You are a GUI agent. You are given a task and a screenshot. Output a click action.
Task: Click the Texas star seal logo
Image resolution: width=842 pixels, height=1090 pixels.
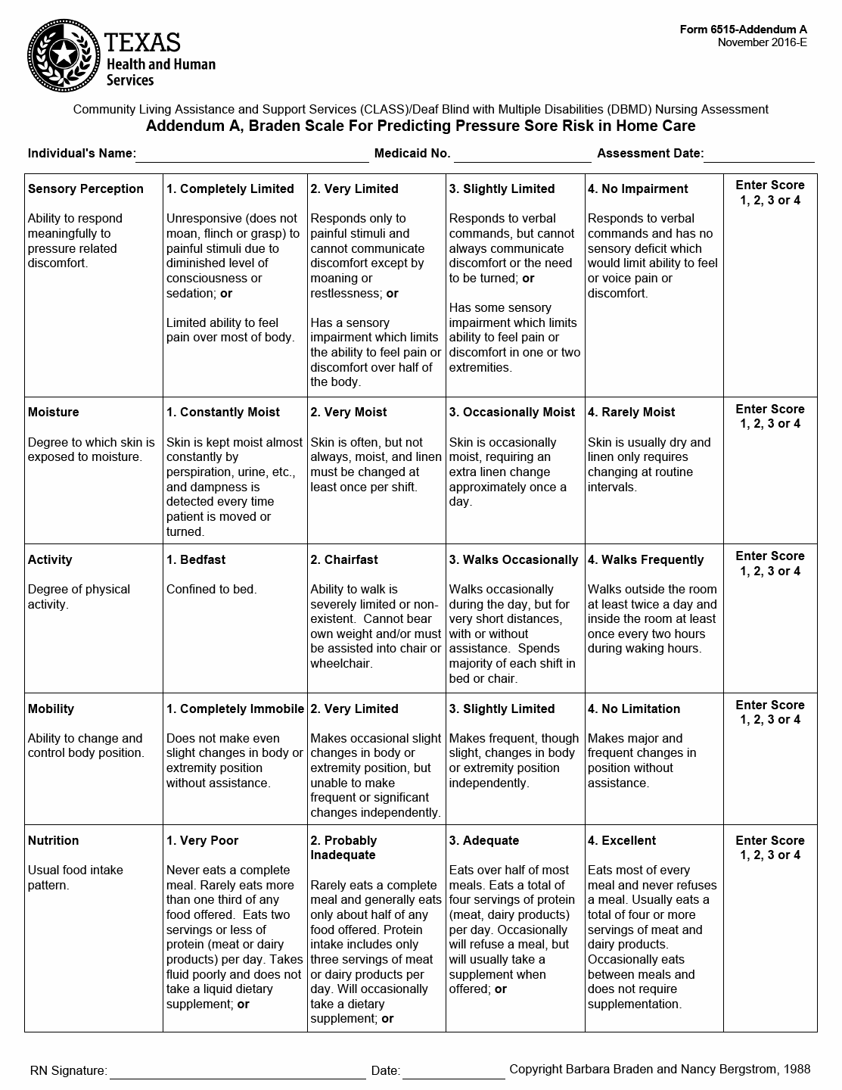(x=64, y=54)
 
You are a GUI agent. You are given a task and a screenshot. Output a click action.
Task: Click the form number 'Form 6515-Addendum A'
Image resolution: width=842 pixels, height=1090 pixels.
(x=743, y=30)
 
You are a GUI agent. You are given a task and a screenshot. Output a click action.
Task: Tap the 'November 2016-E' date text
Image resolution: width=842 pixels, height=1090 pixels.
(x=762, y=42)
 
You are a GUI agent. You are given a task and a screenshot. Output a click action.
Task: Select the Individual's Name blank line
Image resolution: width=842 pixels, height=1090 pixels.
(x=252, y=155)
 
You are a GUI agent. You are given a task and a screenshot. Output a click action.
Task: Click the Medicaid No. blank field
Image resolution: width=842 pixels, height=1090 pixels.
(x=522, y=155)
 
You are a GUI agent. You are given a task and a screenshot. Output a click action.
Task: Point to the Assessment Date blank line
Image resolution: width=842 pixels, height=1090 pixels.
(x=759, y=155)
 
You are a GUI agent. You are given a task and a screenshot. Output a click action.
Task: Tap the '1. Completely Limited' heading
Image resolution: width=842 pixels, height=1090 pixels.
(x=230, y=189)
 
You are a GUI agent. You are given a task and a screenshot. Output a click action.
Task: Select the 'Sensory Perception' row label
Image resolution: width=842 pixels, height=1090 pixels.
(x=85, y=189)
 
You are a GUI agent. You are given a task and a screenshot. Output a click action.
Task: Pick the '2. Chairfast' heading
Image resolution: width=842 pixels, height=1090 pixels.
(x=344, y=560)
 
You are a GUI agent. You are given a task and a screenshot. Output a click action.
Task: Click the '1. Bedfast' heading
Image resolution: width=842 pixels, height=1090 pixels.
(x=196, y=560)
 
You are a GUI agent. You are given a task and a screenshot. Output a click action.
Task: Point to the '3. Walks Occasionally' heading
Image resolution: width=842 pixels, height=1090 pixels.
(x=514, y=560)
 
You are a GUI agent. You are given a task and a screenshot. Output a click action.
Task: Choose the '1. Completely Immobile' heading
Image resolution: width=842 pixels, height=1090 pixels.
(x=235, y=709)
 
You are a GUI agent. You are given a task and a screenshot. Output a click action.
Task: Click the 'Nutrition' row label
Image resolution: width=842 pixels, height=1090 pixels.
(x=53, y=841)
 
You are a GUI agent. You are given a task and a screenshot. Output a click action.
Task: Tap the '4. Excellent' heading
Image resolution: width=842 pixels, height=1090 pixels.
(x=622, y=841)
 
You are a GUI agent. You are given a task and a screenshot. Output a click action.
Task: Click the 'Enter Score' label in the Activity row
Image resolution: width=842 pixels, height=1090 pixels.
(x=770, y=556)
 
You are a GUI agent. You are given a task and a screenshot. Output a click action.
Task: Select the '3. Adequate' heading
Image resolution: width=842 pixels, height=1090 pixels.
(x=484, y=841)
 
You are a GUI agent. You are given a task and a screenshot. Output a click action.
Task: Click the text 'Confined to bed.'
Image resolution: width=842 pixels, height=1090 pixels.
(x=211, y=590)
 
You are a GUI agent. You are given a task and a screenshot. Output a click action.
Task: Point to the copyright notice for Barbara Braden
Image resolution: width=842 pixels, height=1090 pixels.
(x=660, y=1070)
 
